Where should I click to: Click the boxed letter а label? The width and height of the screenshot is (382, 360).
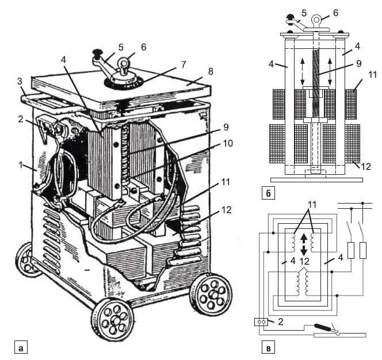[21, 347]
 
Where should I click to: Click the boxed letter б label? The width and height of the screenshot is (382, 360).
[268, 193]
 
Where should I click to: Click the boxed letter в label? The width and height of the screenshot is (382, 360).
[268, 347]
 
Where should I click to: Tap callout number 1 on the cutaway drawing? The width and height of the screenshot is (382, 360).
[21, 164]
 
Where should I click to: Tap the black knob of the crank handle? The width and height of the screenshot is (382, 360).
[96, 55]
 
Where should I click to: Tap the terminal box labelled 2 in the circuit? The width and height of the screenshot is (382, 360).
[262, 322]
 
